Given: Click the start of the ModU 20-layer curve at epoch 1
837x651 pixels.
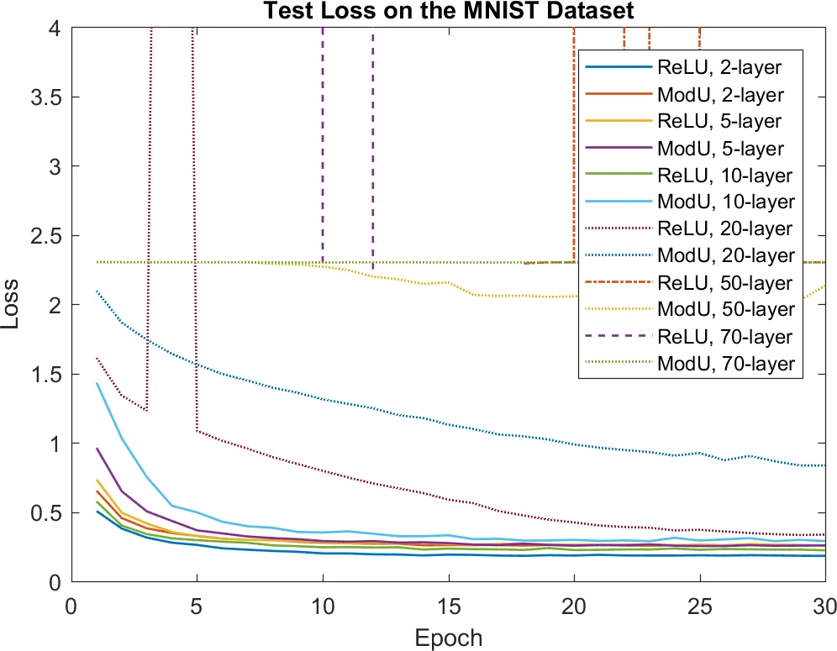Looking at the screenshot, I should (97, 291).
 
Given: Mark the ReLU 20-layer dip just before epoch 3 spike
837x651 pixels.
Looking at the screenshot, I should (146, 410).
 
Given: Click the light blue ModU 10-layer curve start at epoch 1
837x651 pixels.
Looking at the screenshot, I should (97, 383).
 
